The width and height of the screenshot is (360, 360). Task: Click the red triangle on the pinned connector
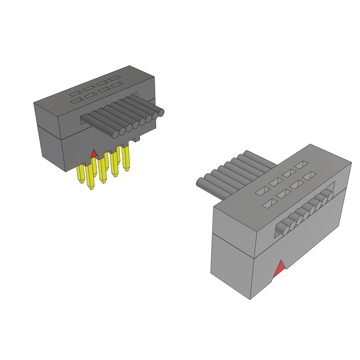pos(94,154)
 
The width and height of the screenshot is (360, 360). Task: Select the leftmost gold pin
pos(81,174)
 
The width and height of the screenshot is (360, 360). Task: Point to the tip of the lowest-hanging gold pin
pos(92,188)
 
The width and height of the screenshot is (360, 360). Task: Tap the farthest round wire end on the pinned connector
pos(161,113)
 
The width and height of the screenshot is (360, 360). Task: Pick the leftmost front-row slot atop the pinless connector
pos(269,204)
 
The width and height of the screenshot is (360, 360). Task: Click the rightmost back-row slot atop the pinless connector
pos(302,164)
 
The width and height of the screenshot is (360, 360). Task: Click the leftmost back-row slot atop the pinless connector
pos(262,191)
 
